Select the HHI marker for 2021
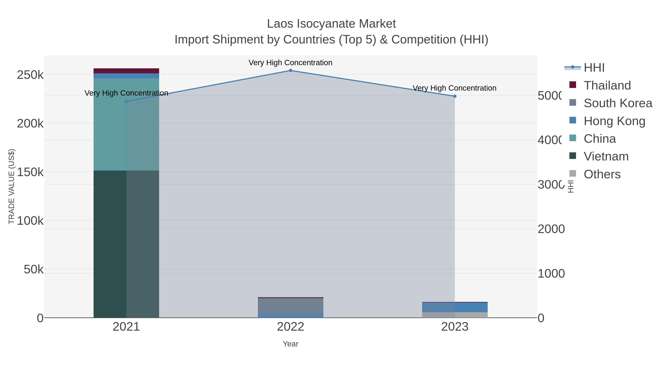point(126,101)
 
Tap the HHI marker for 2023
point(455,96)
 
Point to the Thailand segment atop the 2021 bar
point(126,71)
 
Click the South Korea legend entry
point(618,103)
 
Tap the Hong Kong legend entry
point(614,121)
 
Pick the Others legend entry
point(602,174)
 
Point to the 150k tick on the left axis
point(30,172)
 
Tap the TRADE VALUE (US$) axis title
point(12,186)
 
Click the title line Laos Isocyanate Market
point(331,24)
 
